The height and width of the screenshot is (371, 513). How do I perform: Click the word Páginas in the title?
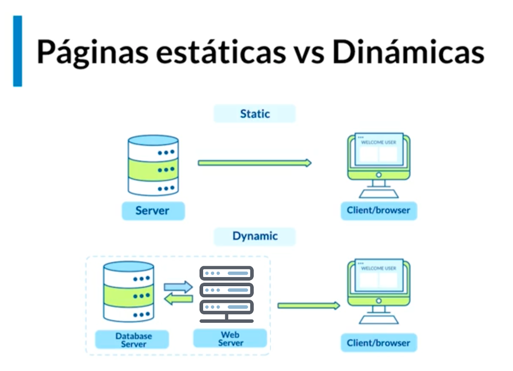91,52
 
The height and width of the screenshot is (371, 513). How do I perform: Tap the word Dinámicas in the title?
408,52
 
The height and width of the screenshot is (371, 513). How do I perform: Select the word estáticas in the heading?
220,52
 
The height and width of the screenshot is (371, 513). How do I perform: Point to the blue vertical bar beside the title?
17,51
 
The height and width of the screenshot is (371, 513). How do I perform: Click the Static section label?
255,114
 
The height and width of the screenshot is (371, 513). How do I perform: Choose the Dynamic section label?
255,236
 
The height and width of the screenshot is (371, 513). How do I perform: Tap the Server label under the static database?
153,211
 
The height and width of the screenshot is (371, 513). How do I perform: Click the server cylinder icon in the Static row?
153,165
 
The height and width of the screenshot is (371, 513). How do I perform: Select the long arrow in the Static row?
254,163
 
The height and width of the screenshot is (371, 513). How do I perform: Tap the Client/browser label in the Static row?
378,211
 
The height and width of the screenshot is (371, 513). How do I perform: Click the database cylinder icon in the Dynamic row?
128,292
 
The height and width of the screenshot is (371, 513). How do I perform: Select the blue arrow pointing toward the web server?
178,287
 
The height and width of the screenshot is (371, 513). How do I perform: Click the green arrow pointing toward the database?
178,300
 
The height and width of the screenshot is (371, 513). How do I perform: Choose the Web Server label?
231,339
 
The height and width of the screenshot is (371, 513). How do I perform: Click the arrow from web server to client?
308,306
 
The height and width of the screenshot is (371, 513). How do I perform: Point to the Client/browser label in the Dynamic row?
378,344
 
